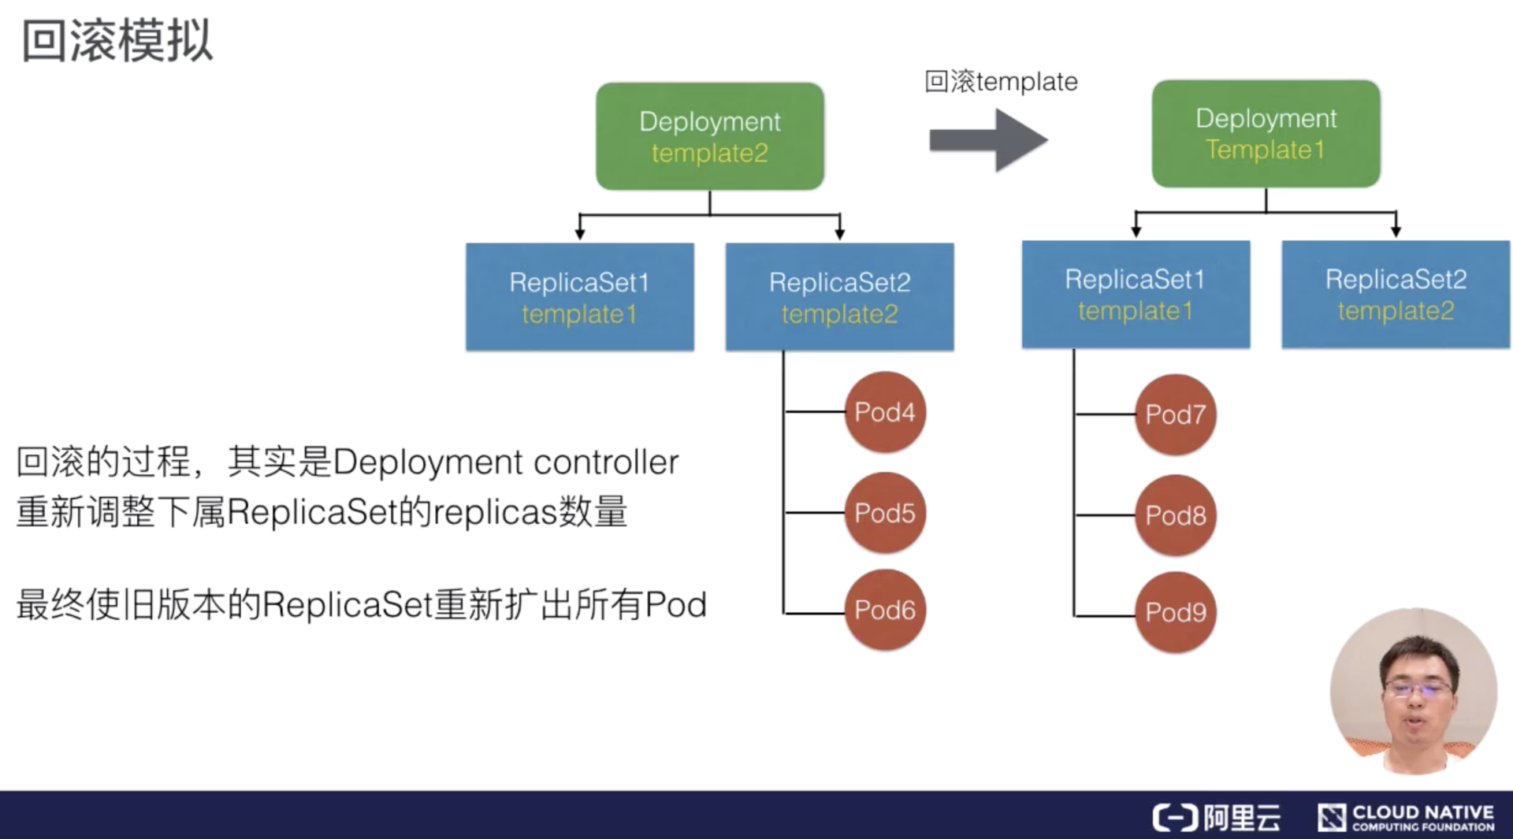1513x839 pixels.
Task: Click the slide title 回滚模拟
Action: point(117,41)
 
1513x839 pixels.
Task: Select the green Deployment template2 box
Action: point(710,136)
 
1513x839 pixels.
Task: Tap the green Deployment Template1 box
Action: point(1266,133)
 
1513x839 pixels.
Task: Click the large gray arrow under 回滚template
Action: point(988,140)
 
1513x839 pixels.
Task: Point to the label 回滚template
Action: point(1001,82)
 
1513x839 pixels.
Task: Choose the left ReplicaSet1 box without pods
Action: point(580,297)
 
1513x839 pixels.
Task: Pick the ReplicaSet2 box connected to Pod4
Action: point(839,297)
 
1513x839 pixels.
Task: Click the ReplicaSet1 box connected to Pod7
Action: point(1136,294)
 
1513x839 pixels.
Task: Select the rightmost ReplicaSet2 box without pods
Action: point(1396,294)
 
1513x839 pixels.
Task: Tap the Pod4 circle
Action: point(885,412)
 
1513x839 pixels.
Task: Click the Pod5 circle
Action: point(885,513)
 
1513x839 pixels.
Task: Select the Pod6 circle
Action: point(885,610)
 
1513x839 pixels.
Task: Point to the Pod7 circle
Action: point(1175,414)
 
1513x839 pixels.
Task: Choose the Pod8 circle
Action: point(1175,515)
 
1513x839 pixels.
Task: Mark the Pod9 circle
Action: point(1175,612)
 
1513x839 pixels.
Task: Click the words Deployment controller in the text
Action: point(505,462)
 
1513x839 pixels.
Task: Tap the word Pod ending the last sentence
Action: point(675,605)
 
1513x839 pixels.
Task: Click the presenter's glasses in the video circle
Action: point(1417,689)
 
